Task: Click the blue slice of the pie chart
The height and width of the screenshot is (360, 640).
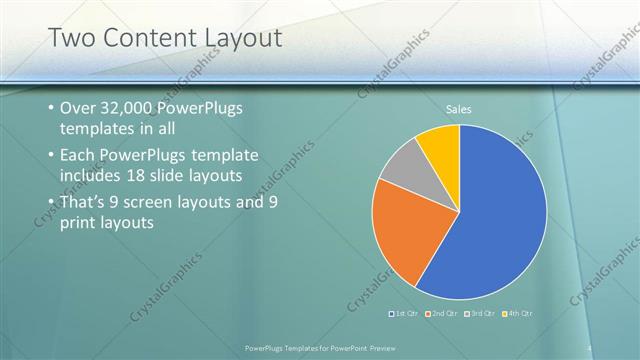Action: pos(495,215)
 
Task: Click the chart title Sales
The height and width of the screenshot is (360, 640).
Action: pos(459,109)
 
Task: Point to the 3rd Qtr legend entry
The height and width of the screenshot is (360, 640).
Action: pos(481,314)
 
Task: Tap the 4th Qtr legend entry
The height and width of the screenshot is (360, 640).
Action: pos(517,314)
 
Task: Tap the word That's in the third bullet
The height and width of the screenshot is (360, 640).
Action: pos(88,202)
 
